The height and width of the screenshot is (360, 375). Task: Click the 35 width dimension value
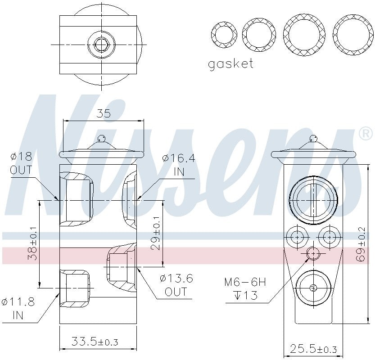pyautogui.click(x=104, y=113)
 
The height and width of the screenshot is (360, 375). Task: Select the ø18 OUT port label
pyautogui.click(x=21, y=163)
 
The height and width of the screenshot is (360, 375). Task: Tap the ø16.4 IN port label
pyautogui.click(x=179, y=165)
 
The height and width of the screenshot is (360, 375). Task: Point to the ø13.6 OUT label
pyautogui.click(x=176, y=285)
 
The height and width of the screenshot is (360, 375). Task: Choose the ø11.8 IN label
pyautogui.click(x=18, y=308)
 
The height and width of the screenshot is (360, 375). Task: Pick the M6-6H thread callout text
pyautogui.click(x=245, y=288)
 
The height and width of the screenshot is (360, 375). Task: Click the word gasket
pyautogui.click(x=230, y=64)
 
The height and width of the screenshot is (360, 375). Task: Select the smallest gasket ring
pyautogui.click(x=224, y=34)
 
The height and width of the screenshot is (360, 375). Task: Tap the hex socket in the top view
pyautogui.click(x=101, y=44)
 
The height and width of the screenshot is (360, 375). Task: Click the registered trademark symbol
pyautogui.click(x=365, y=134)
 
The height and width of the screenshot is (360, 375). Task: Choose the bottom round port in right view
pyautogui.click(x=313, y=288)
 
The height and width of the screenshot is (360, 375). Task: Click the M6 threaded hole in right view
pyautogui.click(x=313, y=254)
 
